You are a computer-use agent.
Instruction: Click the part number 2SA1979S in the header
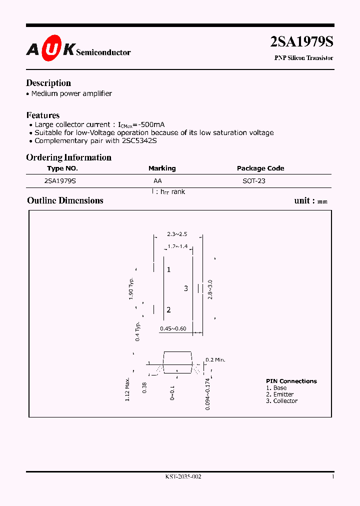click(x=301, y=42)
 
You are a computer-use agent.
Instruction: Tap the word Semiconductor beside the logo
click(x=103, y=52)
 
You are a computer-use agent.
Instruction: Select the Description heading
click(x=48, y=83)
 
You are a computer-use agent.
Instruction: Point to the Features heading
click(x=43, y=115)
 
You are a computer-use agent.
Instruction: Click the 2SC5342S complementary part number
click(x=138, y=140)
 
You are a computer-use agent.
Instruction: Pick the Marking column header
click(x=162, y=168)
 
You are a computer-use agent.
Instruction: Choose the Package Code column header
click(x=260, y=168)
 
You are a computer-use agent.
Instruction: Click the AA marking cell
click(x=157, y=181)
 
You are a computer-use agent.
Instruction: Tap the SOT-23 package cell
click(x=254, y=181)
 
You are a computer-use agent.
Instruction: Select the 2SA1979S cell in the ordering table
click(x=60, y=181)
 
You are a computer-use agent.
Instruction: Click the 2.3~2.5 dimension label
click(x=177, y=234)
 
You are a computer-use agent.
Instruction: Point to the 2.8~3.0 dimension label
click(x=210, y=289)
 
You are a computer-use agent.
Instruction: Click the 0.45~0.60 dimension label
click(x=173, y=328)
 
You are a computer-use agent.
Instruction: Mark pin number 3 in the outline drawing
click(x=186, y=288)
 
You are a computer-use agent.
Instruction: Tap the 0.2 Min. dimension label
click(x=216, y=359)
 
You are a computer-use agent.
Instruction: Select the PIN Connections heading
click(x=291, y=381)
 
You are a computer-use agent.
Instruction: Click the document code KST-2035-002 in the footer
click(x=183, y=477)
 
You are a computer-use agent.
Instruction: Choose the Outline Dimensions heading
click(x=65, y=200)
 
